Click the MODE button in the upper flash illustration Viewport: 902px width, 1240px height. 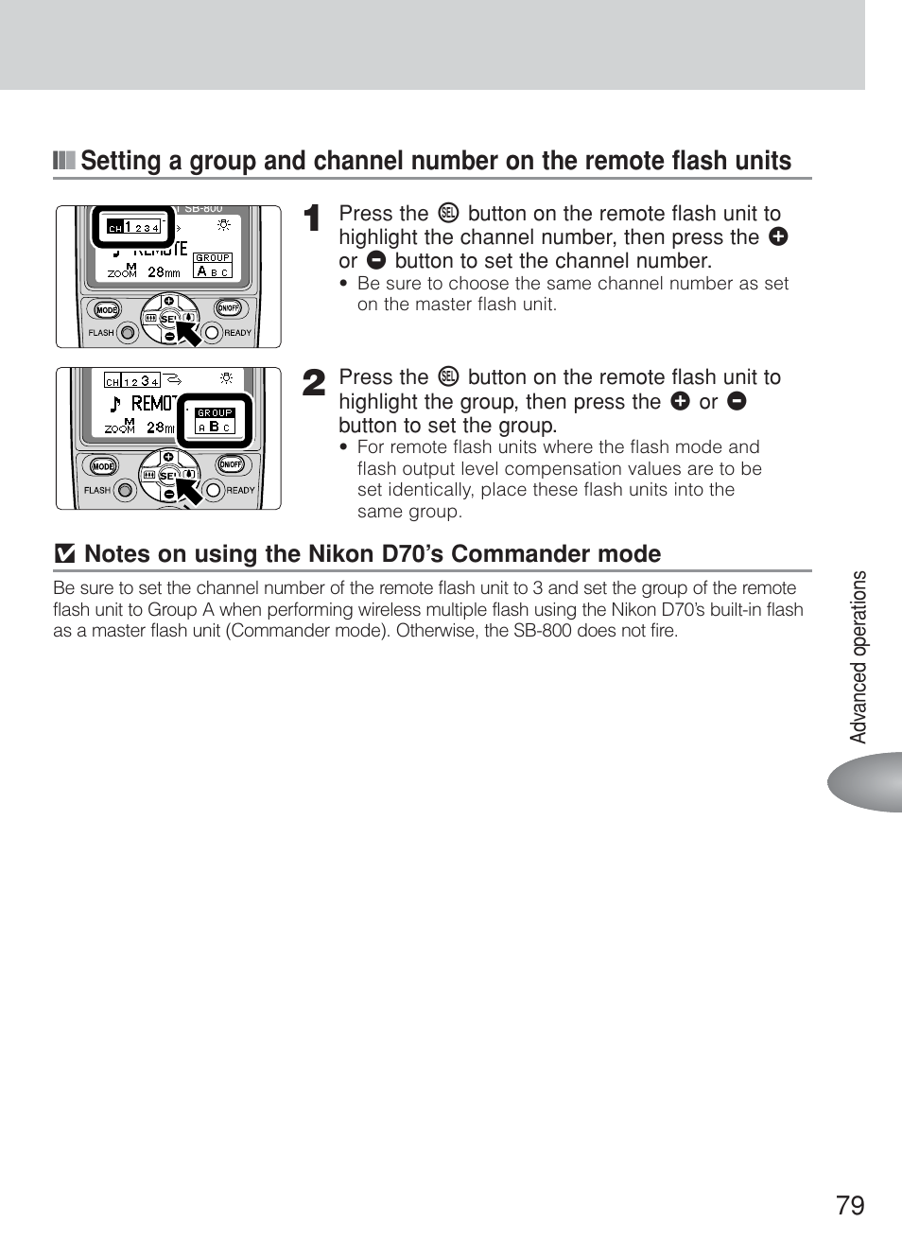coord(106,310)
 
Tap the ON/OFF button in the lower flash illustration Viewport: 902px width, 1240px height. coord(230,464)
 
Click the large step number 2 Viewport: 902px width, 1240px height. coord(314,383)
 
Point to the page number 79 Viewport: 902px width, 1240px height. coord(850,1204)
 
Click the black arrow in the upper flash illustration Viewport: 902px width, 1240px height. coord(189,334)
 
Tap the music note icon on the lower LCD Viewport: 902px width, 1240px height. coord(115,404)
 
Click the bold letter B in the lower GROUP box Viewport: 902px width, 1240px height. coord(215,427)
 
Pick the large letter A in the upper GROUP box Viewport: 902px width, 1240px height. coord(201,271)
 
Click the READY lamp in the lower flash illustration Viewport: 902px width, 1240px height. coord(214,490)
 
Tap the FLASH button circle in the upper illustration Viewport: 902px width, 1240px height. coord(127,332)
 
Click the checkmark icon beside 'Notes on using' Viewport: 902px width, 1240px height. coord(64,555)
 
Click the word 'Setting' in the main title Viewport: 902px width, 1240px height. coord(120,161)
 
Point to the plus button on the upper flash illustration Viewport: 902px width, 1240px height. coord(169,301)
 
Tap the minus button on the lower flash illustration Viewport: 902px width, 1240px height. coord(169,494)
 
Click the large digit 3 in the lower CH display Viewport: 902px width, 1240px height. coord(145,381)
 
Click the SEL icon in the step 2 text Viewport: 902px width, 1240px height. coord(448,377)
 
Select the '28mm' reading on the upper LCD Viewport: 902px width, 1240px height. coord(164,272)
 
